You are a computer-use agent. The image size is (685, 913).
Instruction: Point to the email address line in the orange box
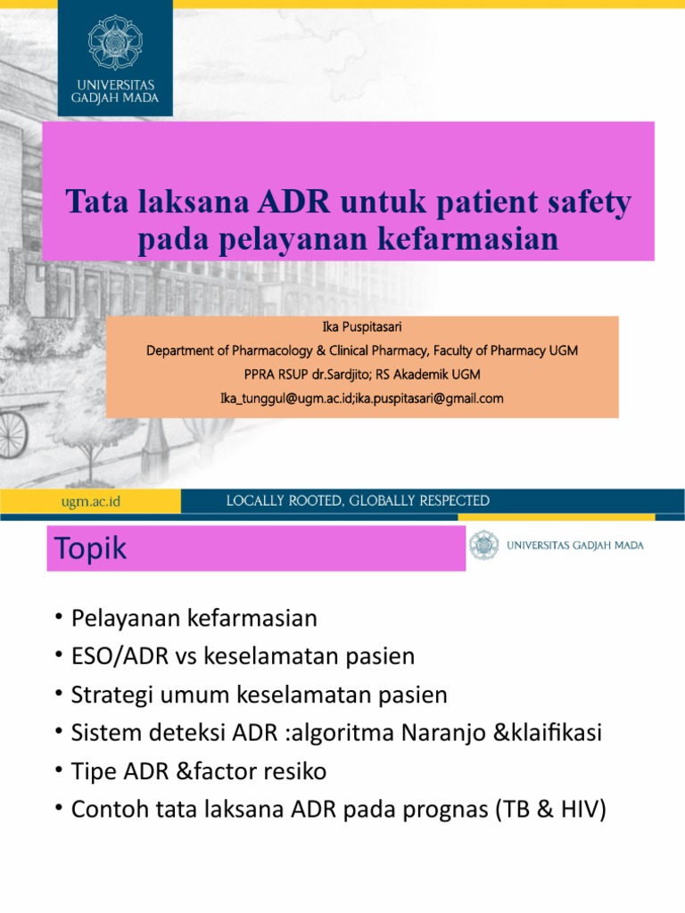click(362, 398)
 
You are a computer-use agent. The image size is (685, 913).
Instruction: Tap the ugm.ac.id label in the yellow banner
click(90, 502)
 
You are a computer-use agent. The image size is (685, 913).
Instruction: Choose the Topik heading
click(90, 549)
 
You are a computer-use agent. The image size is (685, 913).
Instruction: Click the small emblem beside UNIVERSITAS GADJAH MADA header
click(485, 545)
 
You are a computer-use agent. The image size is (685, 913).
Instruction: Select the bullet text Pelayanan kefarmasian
click(194, 618)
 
